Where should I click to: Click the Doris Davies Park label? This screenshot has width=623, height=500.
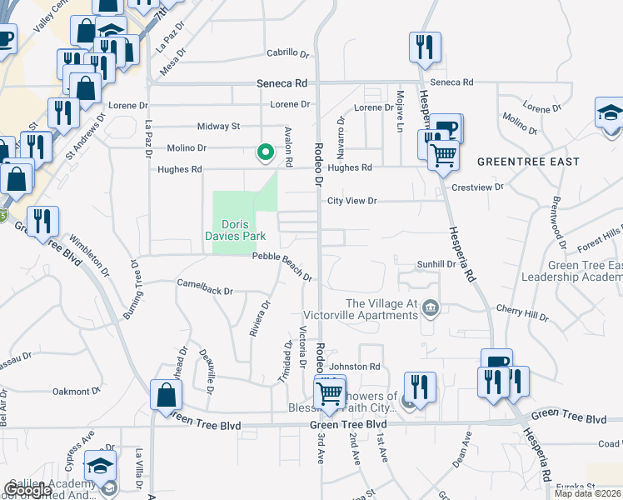(x=243, y=230)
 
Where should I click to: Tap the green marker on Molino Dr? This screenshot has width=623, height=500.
(x=266, y=152)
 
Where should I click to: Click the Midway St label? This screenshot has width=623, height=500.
(x=218, y=126)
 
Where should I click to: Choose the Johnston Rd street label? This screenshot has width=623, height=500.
(x=355, y=366)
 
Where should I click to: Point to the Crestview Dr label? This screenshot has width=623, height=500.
(x=478, y=187)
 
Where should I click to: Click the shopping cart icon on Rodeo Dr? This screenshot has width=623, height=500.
(x=330, y=392)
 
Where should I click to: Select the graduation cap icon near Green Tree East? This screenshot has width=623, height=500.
(x=610, y=112)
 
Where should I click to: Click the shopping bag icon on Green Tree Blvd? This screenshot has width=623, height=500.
(x=166, y=394)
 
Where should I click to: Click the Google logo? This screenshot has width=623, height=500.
(x=27, y=490)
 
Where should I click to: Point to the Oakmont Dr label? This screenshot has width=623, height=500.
(x=77, y=390)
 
